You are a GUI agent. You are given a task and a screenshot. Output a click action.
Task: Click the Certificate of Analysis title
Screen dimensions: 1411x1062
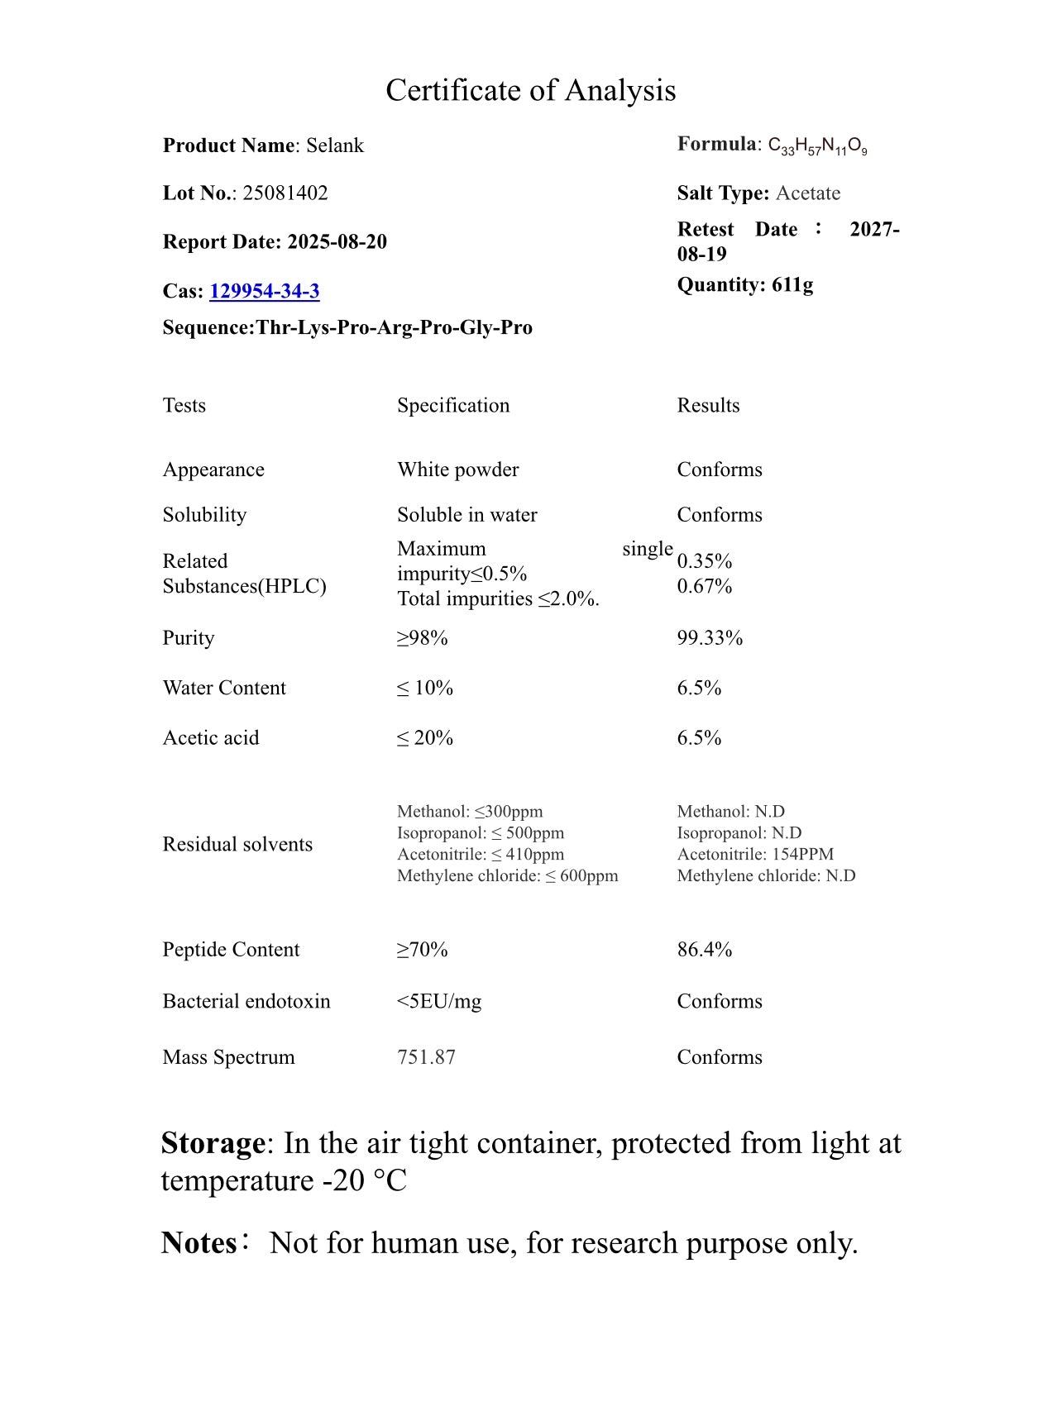(x=530, y=90)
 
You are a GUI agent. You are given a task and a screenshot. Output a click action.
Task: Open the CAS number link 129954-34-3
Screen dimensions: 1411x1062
(x=264, y=291)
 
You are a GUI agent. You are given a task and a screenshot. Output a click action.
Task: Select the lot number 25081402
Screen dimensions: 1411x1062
(x=285, y=193)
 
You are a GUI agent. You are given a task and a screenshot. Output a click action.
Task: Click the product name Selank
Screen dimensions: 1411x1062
(x=335, y=145)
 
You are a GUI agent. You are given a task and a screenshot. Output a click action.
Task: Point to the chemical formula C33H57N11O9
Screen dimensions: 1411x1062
(x=817, y=146)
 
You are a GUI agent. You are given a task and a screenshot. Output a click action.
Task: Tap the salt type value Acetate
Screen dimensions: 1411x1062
(x=807, y=193)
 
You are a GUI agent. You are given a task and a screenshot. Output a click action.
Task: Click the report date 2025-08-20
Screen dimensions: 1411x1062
(x=337, y=242)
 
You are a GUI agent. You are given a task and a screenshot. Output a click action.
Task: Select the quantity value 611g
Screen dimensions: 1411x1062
(x=792, y=285)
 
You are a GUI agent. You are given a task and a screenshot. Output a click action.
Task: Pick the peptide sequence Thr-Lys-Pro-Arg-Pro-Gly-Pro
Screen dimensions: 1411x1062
(x=394, y=328)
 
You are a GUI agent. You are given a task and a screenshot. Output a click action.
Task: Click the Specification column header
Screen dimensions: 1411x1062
(x=452, y=405)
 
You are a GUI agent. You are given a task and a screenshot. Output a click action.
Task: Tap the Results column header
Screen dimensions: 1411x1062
(x=708, y=405)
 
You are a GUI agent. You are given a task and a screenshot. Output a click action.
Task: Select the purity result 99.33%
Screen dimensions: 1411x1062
(x=710, y=638)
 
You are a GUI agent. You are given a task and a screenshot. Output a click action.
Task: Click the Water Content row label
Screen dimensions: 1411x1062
(x=224, y=688)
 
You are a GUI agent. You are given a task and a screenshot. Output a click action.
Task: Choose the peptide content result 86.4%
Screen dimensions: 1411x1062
(x=704, y=950)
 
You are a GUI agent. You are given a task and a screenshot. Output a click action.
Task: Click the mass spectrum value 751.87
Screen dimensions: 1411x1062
(x=426, y=1057)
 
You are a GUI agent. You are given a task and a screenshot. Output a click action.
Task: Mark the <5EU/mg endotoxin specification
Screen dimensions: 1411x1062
(x=438, y=1002)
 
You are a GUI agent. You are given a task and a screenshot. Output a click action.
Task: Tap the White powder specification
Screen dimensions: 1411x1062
(x=457, y=470)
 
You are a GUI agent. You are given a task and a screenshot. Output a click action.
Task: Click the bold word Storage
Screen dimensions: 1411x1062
(x=213, y=1143)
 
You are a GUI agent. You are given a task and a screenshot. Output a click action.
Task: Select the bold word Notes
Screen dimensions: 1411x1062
(x=199, y=1243)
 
